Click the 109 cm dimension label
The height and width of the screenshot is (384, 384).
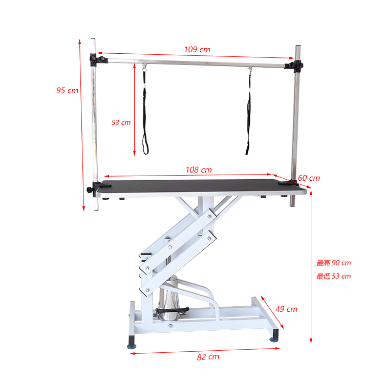197,50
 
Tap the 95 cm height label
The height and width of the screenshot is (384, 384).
67,90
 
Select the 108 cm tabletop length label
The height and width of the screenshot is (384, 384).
199,169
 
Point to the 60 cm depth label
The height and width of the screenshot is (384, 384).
309,178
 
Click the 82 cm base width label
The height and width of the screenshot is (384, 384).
208,357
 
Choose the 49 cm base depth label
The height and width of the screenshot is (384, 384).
286,309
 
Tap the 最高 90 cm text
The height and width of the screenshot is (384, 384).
333,263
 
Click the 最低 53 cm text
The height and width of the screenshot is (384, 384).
333,276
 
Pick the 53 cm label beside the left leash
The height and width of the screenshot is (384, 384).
121,122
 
